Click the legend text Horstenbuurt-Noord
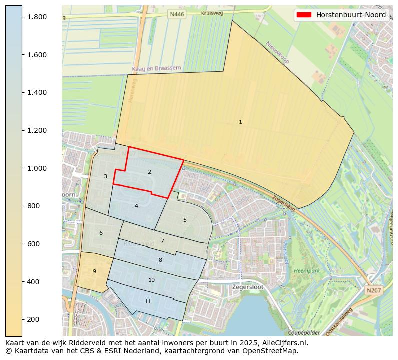pos(350,15)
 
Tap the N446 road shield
pos(177,15)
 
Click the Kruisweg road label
pos(211,14)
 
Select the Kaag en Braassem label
pos(156,68)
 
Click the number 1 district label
pos(240,122)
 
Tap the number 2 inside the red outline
pos(149,172)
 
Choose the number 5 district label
pos(185,220)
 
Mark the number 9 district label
pos(94,271)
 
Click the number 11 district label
pos(148,301)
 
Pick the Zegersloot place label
pos(247,287)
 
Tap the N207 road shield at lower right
pos(373,290)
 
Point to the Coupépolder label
pos(304,333)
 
